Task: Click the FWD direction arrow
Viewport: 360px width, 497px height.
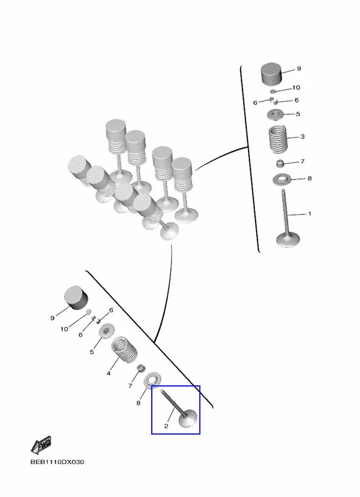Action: (x=40, y=445)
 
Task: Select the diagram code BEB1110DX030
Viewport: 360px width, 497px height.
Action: (x=57, y=462)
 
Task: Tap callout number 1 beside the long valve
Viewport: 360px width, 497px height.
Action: (x=310, y=214)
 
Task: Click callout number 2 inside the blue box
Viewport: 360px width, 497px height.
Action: (x=166, y=426)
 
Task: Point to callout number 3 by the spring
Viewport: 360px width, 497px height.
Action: (x=302, y=137)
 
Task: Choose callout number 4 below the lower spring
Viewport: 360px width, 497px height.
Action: (x=108, y=373)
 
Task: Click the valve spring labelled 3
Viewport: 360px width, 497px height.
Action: (x=278, y=139)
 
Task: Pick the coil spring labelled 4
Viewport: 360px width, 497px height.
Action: (x=124, y=350)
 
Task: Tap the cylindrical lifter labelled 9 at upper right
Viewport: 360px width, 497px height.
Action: (x=272, y=74)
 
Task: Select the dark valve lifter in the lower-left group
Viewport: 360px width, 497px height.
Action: (x=76, y=298)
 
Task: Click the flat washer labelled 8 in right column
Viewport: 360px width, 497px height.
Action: (x=281, y=180)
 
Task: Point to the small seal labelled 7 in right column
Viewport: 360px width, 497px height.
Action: (x=279, y=164)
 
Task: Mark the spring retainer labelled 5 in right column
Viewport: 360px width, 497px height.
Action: (x=274, y=114)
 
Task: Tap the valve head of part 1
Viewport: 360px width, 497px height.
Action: (x=288, y=240)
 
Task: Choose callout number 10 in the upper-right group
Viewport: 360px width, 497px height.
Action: (x=296, y=88)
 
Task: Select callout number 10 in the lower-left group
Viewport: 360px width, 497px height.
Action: (x=64, y=329)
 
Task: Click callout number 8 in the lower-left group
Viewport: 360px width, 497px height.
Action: (x=138, y=403)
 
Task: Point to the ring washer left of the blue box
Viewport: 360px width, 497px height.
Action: (x=152, y=380)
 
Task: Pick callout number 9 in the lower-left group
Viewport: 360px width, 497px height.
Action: (x=52, y=318)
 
